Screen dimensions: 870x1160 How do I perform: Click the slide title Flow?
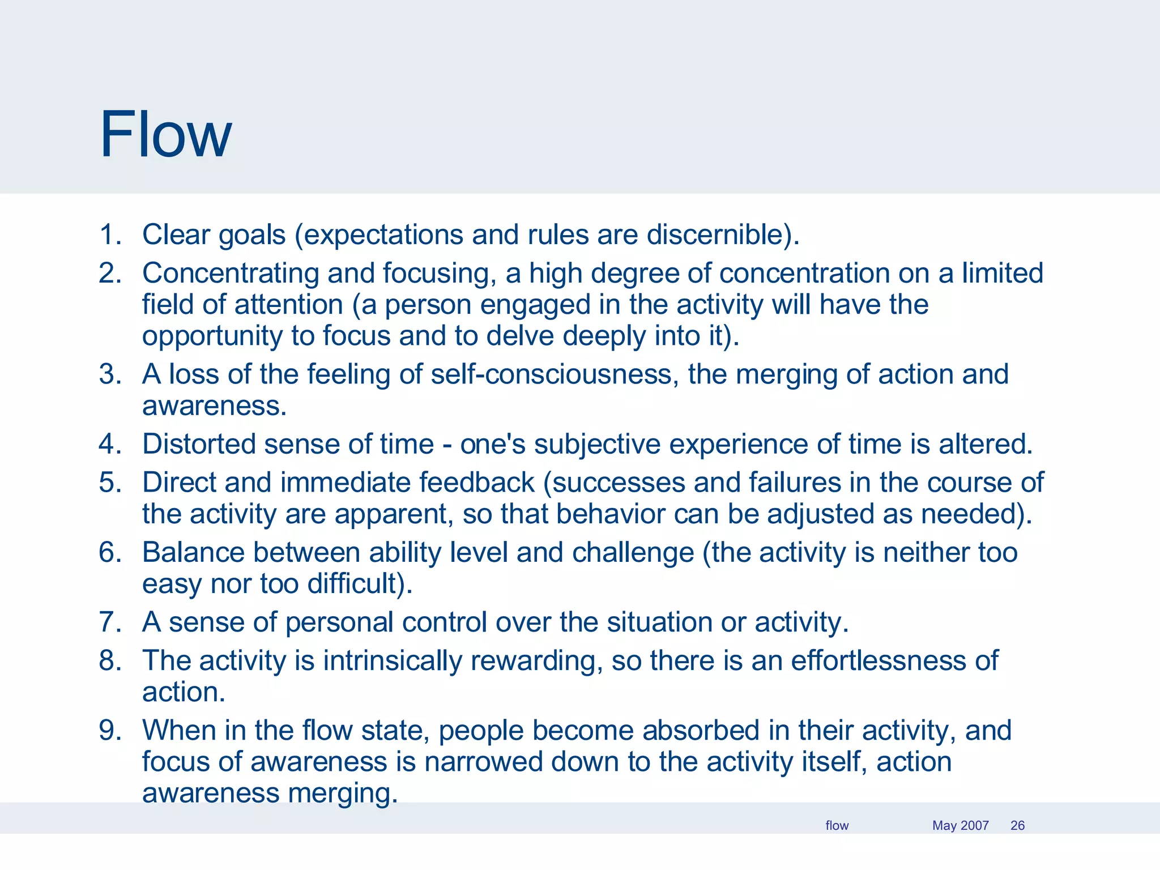click(165, 134)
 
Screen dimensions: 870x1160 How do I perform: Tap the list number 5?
click(110, 483)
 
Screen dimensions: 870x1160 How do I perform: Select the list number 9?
click(110, 731)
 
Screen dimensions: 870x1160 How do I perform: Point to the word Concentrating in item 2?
click(231, 274)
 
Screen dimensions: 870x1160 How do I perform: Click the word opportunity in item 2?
click(212, 336)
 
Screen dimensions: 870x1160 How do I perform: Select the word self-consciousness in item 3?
click(551, 375)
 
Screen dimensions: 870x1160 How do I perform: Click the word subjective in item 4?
click(597, 445)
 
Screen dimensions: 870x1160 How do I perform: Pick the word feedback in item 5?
click(477, 483)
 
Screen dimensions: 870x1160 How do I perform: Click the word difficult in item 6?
click(352, 585)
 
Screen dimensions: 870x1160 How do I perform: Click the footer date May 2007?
click(960, 825)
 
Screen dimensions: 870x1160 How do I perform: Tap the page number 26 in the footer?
click(1017, 825)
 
